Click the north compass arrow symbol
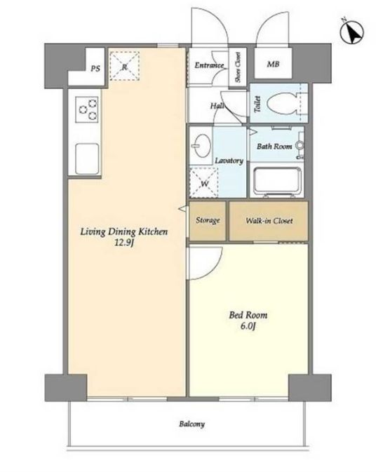[x=352, y=32]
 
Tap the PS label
[x=95, y=69]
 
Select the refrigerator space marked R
[x=124, y=66]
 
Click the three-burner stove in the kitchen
[x=87, y=109]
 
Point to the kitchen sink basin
[x=87, y=159]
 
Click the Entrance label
[x=209, y=65]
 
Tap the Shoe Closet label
[x=238, y=67]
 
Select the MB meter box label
[x=273, y=64]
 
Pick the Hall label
[x=217, y=106]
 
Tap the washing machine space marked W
[x=204, y=183]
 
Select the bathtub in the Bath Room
[x=277, y=181]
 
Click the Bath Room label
[x=274, y=147]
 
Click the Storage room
[x=208, y=221]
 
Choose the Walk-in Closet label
[x=269, y=221]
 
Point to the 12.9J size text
[x=123, y=243]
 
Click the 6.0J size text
[x=248, y=326]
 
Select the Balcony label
[x=192, y=424]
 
